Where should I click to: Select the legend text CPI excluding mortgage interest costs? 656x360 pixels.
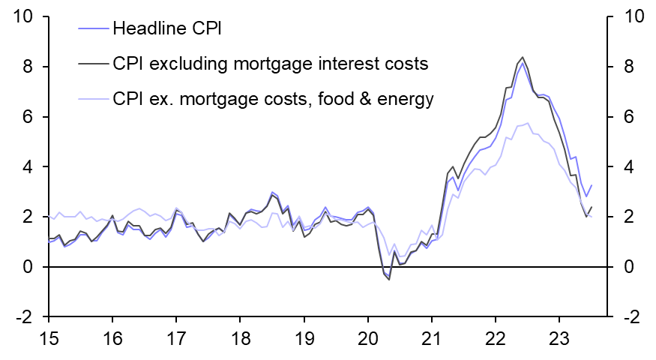270,64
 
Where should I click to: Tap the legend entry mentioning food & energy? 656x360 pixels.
273,98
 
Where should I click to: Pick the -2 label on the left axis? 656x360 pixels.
22,317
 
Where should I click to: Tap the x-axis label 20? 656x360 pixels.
368,338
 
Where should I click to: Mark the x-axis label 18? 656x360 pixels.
240,338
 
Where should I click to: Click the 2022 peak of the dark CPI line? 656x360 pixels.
522,57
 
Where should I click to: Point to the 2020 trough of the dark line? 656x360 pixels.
389,280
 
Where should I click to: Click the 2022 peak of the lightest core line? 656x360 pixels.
528,123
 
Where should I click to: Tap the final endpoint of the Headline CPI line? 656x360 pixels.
592,185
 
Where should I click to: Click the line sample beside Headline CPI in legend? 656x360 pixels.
93,29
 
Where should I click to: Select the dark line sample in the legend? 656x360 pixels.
93,64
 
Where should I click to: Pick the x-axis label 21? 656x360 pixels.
432,338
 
